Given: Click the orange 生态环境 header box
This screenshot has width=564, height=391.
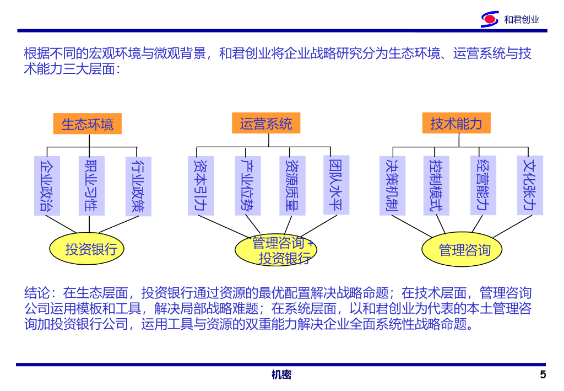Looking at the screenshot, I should (87, 124).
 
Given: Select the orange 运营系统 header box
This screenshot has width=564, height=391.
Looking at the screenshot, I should (265, 123).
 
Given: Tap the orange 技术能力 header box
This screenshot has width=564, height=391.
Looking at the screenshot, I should (455, 123).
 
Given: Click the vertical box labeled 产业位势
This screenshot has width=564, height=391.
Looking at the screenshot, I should (247, 185).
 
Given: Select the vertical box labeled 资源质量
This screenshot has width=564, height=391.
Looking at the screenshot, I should (291, 185).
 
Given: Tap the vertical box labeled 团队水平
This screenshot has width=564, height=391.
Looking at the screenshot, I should (335, 185).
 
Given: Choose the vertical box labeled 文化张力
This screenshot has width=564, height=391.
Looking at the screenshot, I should (530, 185).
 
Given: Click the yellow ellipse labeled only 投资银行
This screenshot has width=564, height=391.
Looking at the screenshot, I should (87, 249).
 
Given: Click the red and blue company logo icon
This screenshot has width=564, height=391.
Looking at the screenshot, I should (490, 19).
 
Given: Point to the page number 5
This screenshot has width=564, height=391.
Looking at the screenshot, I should (543, 375).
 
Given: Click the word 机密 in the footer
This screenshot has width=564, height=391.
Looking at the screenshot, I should (281, 375).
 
